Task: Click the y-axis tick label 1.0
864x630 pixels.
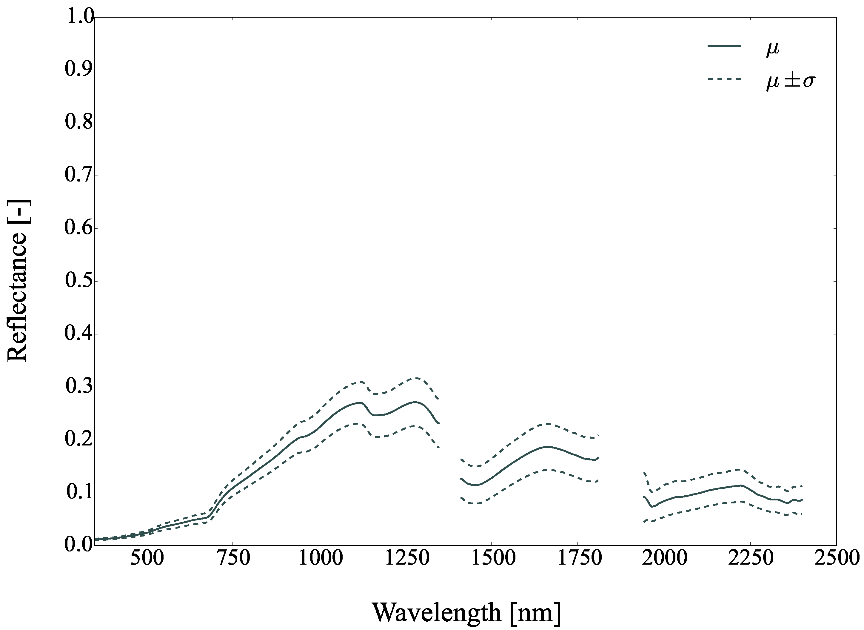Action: pyautogui.click(x=79, y=17)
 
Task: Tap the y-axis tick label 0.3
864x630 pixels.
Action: pyautogui.click(x=79, y=387)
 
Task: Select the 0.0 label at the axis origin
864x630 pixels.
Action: pyautogui.click(x=79, y=545)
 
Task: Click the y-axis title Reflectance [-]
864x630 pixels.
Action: pyautogui.click(x=18, y=281)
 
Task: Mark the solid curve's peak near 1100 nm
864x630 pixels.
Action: pyautogui.click(x=359, y=403)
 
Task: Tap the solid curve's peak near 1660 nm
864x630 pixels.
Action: pyautogui.click(x=547, y=447)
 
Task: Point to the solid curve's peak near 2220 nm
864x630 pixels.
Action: pyautogui.click(x=740, y=485)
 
